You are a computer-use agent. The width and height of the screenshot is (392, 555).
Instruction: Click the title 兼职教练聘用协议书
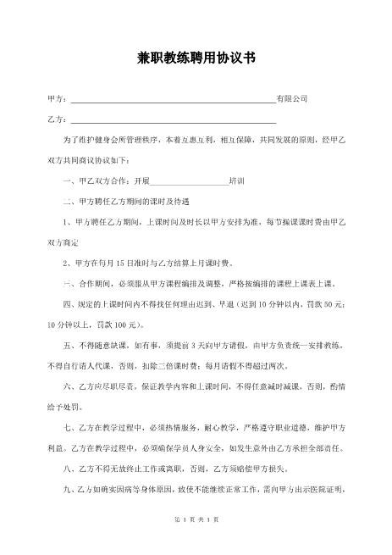click(x=196, y=58)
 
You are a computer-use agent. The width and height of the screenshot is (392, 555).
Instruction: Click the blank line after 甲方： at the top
click(x=173, y=100)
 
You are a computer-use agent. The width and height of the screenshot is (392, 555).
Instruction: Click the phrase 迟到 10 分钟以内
click(x=245, y=304)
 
